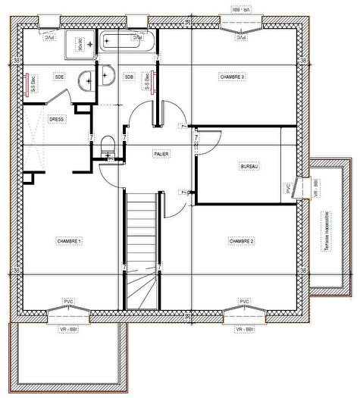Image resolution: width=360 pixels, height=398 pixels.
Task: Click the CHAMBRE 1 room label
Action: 69,240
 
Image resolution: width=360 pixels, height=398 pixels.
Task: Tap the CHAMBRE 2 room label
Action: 241,240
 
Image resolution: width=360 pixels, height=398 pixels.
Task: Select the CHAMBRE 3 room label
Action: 233,77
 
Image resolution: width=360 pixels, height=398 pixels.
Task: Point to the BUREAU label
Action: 249,166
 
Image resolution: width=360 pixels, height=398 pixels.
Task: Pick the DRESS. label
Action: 56,119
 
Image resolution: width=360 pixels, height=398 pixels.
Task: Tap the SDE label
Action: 58,77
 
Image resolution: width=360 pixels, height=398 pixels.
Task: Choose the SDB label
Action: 129,77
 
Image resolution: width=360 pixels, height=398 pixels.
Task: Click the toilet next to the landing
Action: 108,143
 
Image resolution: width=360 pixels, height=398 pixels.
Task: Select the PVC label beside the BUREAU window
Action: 289,188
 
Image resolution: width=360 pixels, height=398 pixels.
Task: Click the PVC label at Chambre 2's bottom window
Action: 244,301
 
